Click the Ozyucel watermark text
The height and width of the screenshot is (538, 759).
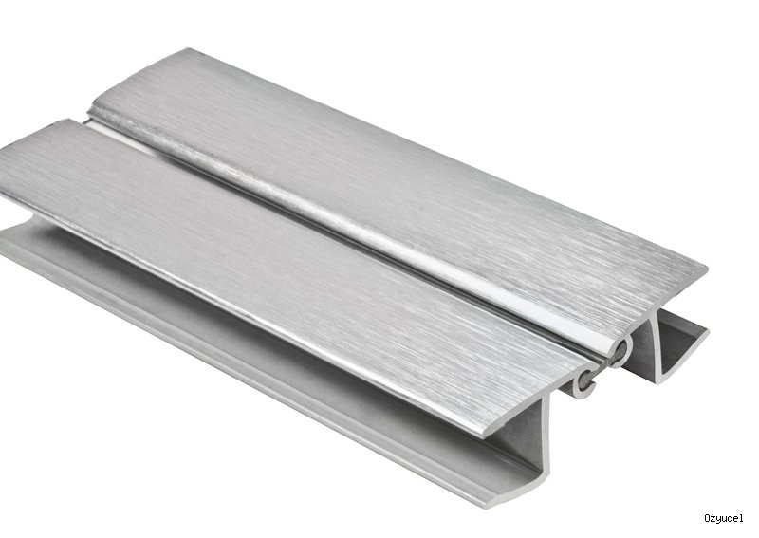(x=723, y=519)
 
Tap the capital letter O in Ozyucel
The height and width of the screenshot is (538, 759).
(x=707, y=518)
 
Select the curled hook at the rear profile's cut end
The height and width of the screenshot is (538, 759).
(x=621, y=349)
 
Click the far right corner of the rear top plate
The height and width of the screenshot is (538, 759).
(x=706, y=268)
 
